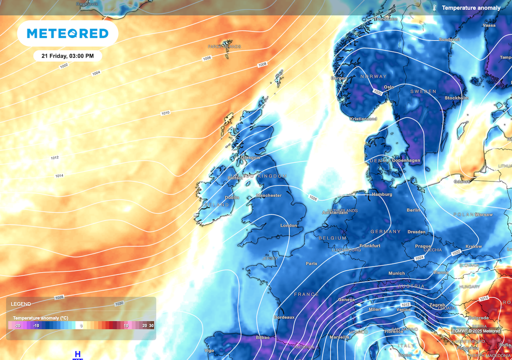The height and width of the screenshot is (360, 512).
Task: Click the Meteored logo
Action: click(67, 33)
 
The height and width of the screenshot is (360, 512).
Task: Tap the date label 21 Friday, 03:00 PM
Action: click(67, 56)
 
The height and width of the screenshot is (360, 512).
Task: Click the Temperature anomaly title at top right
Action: click(471, 8)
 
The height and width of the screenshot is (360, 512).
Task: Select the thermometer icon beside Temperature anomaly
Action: click(435, 8)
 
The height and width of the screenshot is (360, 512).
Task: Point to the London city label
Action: click(288, 225)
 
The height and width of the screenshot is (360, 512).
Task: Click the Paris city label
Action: click(311, 263)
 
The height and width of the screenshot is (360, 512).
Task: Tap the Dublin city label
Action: click(232, 197)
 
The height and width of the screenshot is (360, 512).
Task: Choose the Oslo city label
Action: click(388, 87)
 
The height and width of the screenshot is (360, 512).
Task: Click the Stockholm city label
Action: click(456, 97)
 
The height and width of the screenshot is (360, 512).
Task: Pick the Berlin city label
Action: click(413, 210)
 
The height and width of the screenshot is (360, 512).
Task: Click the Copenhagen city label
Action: click(406, 160)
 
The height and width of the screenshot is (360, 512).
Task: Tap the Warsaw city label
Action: click(483, 214)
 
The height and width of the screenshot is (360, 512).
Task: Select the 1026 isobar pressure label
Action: click(313, 198)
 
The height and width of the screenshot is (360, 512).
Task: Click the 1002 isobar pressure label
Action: click(63, 66)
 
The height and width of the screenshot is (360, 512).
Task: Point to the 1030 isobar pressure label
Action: click(119, 303)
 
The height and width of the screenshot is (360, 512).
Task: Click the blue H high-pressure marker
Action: click(77, 354)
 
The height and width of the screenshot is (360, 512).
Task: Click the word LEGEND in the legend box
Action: click(20, 304)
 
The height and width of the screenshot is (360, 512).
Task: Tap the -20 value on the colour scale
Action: click(17, 325)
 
